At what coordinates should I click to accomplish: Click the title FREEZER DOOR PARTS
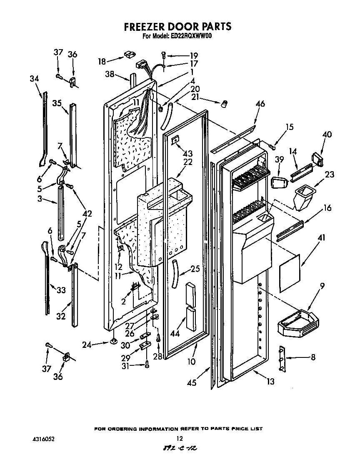coord(178,27)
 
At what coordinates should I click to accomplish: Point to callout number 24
coord(86,344)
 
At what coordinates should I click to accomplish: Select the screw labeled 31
coord(147,365)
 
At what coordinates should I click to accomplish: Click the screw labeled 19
coord(164,54)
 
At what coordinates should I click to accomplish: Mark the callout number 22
coord(188,162)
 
